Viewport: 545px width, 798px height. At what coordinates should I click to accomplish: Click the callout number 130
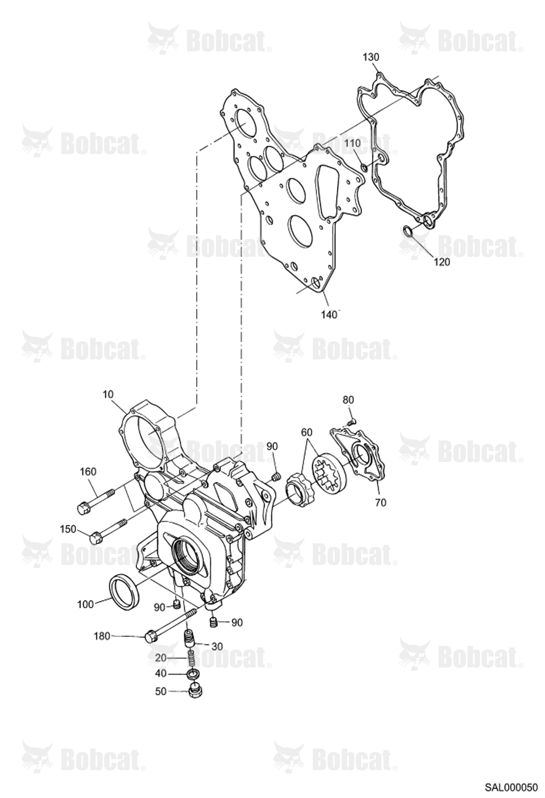tap(371, 57)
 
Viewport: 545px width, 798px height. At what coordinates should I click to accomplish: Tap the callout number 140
tap(329, 315)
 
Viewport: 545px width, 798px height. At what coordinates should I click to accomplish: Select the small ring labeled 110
tap(364, 167)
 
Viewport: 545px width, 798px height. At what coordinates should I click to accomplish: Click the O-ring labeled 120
tap(409, 231)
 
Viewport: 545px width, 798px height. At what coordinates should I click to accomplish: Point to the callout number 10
tap(108, 394)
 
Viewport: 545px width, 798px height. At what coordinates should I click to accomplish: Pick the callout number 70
tap(381, 503)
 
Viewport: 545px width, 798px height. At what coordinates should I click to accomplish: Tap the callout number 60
tap(306, 433)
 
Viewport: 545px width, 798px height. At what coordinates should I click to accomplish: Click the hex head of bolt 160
tap(83, 509)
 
